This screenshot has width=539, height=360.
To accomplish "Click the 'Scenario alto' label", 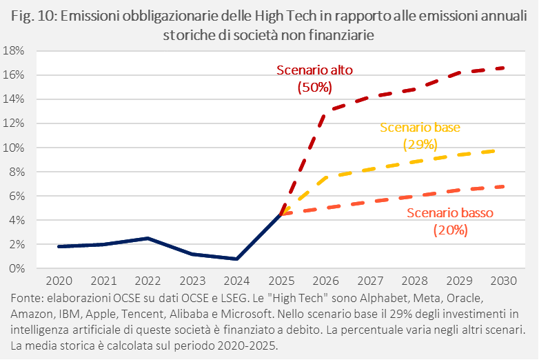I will coord(314,70).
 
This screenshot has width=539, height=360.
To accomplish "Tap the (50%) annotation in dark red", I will coord(314,88).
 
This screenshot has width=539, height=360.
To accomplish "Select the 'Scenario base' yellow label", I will coord(420,128).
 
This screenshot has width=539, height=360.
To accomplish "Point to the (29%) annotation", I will coord(420,145).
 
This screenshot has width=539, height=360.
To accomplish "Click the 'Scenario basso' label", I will coord(450,213).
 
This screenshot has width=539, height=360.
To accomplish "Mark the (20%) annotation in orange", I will coord(450,230).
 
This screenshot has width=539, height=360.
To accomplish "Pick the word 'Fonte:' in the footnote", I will coord(26,299).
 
